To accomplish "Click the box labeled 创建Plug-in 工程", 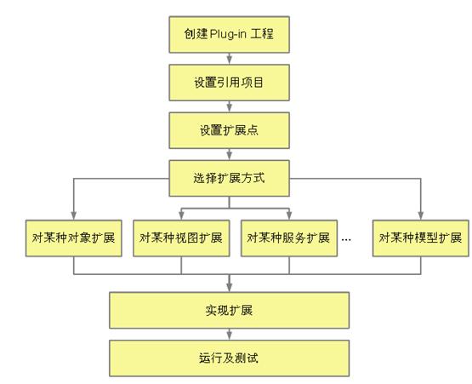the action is coord(230,35).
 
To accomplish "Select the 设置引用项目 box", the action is coord(230,83).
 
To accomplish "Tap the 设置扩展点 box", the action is coord(230,130).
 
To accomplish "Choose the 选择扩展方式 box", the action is coord(230,178).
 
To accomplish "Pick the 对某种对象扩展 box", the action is coord(74,238).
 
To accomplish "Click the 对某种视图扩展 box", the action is coord(181,238).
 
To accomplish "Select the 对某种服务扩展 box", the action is coord(289,238).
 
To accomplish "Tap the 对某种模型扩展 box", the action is coord(420,238).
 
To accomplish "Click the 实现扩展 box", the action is coord(230,310).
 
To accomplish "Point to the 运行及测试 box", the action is coord(230,358).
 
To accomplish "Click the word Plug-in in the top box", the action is coord(228,34).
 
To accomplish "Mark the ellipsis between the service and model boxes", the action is coord(346,240).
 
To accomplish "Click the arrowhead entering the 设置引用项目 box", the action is coord(230,60).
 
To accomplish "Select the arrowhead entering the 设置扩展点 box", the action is coord(230,108).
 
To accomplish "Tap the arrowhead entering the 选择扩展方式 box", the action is coord(230,156).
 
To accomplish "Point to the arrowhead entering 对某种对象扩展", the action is coord(74,215).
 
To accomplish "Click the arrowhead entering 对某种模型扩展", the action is coord(420,215).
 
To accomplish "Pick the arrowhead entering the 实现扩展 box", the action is coord(230,288).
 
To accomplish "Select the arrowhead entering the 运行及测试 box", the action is coord(230,335).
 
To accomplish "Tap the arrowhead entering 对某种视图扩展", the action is coord(181,215).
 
